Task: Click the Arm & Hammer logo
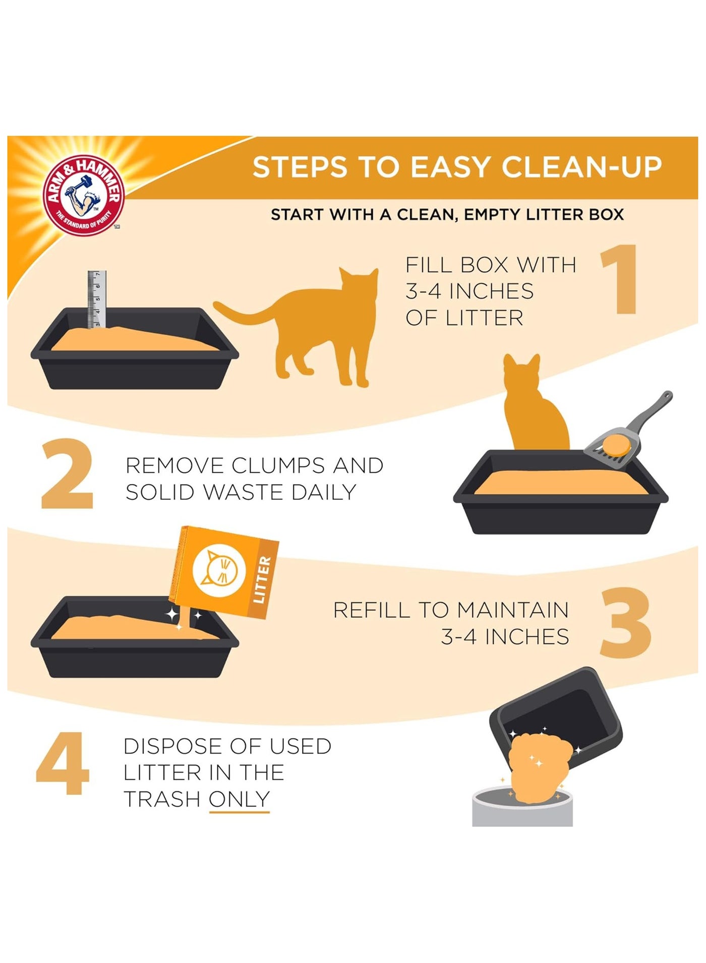(x=84, y=195)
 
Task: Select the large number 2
(x=67, y=473)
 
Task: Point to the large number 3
(x=625, y=622)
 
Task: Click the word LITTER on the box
(x=262, y=580)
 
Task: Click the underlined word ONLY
(x=240, y=799)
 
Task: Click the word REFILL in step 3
(x=372, y=610)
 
